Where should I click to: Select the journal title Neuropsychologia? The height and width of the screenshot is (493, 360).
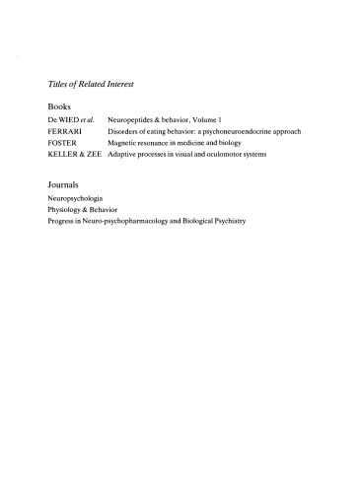[x=75, y=198]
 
